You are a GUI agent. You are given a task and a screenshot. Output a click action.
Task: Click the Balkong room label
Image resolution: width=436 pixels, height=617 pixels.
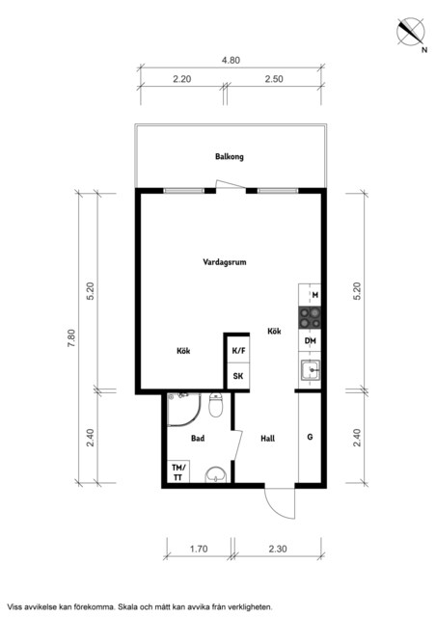(230, 156)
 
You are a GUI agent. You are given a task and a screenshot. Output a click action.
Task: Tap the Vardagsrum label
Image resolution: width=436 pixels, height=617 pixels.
(225, 262)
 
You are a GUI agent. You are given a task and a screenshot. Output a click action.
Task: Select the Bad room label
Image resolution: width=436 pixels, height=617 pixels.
(198, 438)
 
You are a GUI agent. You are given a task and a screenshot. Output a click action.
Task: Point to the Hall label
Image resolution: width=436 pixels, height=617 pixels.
(268, 438)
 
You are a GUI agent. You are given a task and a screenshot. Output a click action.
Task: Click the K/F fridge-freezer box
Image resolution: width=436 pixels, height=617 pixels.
(238, 350)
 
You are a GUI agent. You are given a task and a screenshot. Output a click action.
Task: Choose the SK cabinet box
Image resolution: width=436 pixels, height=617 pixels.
(238, 377)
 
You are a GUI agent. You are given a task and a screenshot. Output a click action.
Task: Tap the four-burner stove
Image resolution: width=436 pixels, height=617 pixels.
(310, 318)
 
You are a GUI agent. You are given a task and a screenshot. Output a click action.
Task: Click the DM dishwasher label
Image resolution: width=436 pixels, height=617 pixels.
(311, 340)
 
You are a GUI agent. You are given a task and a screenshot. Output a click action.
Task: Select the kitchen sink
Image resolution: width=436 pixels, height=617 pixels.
(311, 370)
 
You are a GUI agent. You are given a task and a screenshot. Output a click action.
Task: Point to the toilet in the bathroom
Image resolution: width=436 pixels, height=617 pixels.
(216, 405)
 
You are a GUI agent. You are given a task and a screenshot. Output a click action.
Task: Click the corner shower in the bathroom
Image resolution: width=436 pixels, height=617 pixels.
(183, 409)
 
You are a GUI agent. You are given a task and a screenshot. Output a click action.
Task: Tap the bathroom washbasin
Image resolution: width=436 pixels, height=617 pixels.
(217, 474)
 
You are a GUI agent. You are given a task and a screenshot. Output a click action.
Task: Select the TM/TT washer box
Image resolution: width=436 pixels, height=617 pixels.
(178, 471)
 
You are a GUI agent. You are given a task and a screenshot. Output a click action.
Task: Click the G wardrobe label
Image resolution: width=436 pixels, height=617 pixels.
(310, 437)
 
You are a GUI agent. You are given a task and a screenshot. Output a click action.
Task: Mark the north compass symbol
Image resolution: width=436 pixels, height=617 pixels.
(411, 32)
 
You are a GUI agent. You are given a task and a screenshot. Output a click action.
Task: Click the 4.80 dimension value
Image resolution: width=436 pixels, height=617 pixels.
(231, 60)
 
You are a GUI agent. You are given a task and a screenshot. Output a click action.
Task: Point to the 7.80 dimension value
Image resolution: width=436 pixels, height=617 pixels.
(70, 338)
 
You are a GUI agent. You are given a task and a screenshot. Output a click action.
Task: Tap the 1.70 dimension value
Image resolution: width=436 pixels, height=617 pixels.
(199, 549)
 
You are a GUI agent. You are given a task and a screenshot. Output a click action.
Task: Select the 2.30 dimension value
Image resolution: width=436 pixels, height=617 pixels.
(278, 549)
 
